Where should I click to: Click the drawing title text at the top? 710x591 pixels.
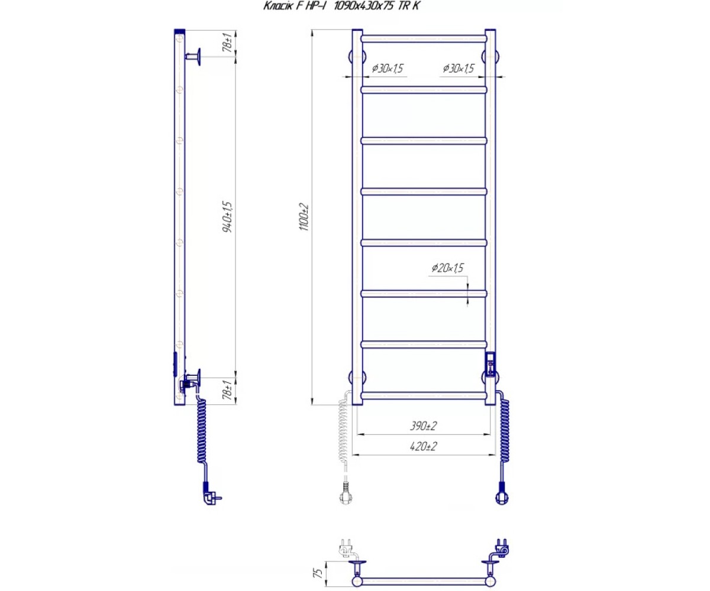pos(342,6)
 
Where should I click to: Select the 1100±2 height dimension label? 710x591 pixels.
pos(304,217)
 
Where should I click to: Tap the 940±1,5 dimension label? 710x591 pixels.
pos(227,217)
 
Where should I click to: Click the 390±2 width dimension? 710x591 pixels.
pos(424,426)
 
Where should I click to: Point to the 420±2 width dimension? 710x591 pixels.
pos(424,446)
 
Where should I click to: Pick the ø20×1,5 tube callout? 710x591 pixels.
pos(447,268)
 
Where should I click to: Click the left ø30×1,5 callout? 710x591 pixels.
pos(388,69)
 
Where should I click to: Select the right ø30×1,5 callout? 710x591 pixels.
pos(459,69)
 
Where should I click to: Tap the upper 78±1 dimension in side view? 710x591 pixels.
pos(227,42)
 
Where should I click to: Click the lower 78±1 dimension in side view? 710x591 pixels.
pos(227,389)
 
